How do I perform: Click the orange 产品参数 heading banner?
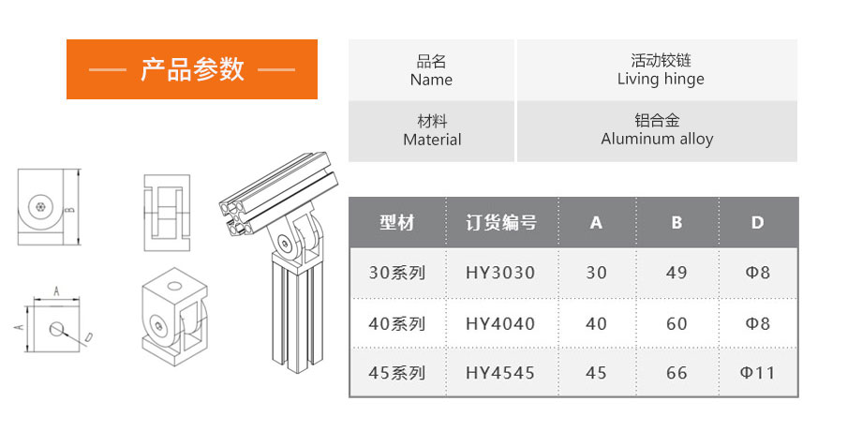[x=192, y=69]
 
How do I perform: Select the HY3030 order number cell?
[x=500, y=273]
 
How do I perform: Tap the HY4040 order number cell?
[x=500, y=324]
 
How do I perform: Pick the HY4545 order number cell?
[x=500, y=373]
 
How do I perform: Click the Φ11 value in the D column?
[x=758, y=373]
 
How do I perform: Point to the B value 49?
[x=676, y=273]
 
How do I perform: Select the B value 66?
[x=676, y=373]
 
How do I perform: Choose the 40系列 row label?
[x=397, y=324]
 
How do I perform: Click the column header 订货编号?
[x=501, y=223]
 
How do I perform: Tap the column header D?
[x=758, y=223]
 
